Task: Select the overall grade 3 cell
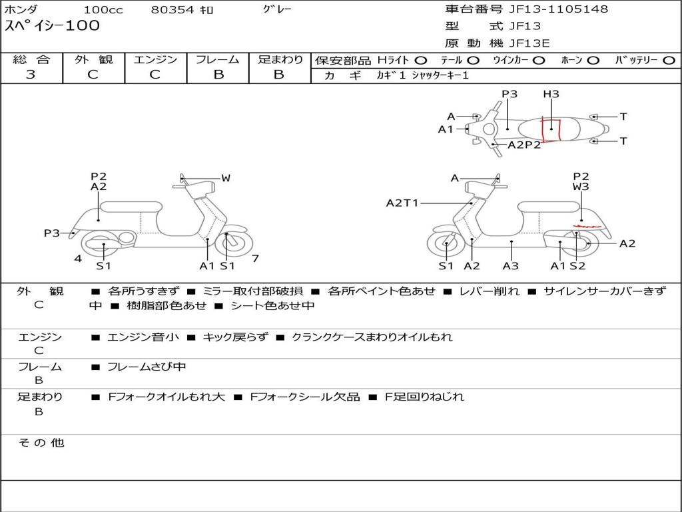pyautogui.click(x=31, y=75)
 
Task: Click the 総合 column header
pyautogui.click(x=31, y=60)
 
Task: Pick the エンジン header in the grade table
pyautogui.click(x=155, y=60)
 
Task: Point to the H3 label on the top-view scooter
pyautogui.click(x=551, y=94)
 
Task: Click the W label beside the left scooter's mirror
pyautogui.click(x=226, y=178)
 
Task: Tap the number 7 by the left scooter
pyautogui.click(x=255, y=258)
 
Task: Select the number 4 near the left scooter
pyautogui.click(x=78, y=258)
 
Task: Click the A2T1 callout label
pyautogui.click(x=402, y=203)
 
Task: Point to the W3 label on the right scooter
pyautogui.click(x=581, y=187)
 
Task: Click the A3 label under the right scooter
pyautogui.click(x=511, y=266)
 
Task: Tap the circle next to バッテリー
pyautogui.click(x=669, y=60)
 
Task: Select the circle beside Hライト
pyautogui.click(x=421, y=60)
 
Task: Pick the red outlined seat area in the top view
pyautogui.click(x=551, y=129)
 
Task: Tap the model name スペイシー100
pyautogui.click(x=52, y=26)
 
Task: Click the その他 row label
pyautogui.click(x=41, y=443)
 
